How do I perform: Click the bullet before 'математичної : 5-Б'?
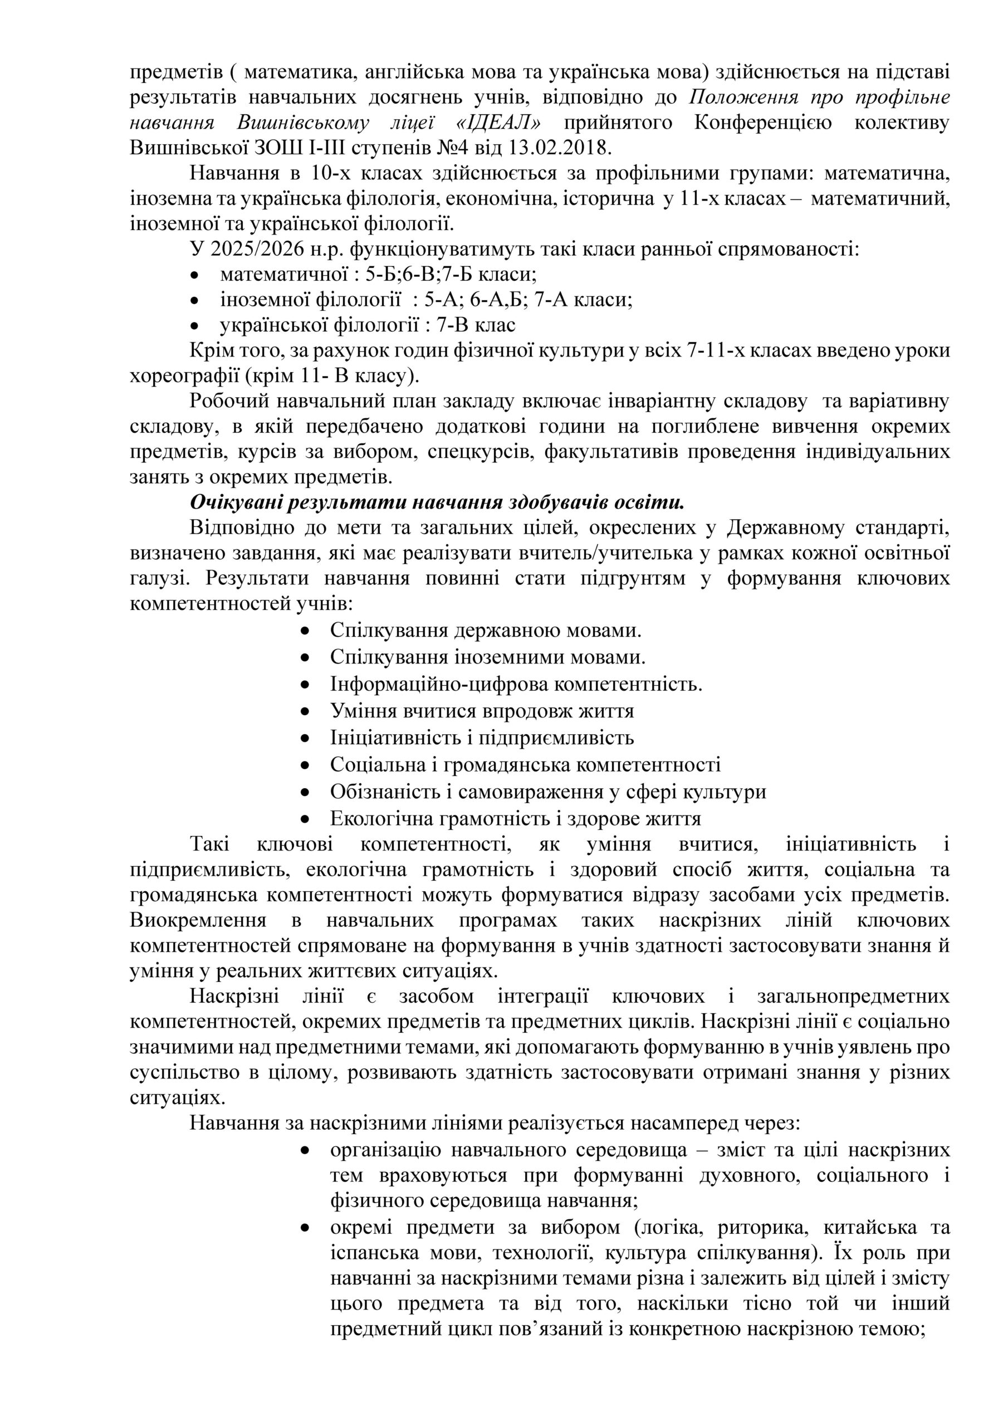coord(195,275)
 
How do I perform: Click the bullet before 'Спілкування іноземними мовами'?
coord(304,657)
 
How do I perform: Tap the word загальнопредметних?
coord(853,996)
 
